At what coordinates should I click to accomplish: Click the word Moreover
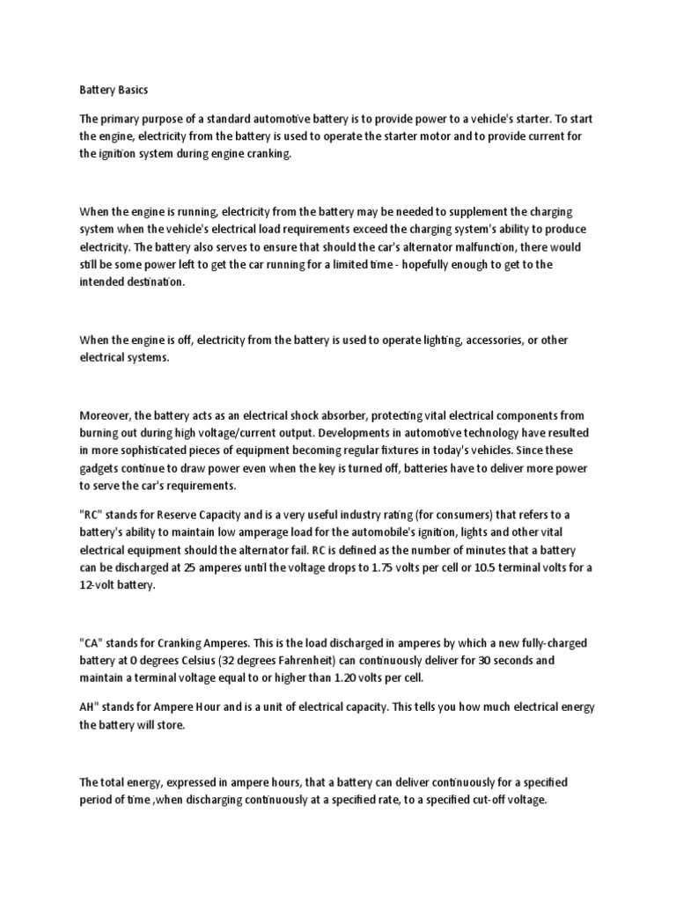(x=107, y=415)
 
